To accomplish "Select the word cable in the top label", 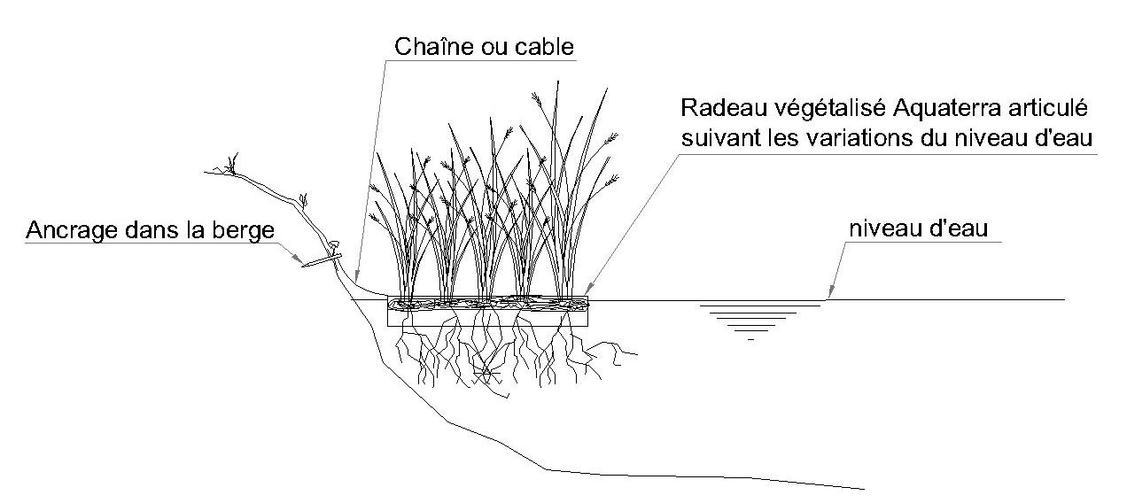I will pyautogui.click(x=545, y=44).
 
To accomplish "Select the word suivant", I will pyautogui.click(x=713, y=138).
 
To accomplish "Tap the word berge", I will pyautogui.click(x=250, y=231).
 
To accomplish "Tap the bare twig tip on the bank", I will pyautogui.click(x=233, y=163).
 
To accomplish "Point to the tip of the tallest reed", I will pyautogui.click(x=558, y=81).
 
